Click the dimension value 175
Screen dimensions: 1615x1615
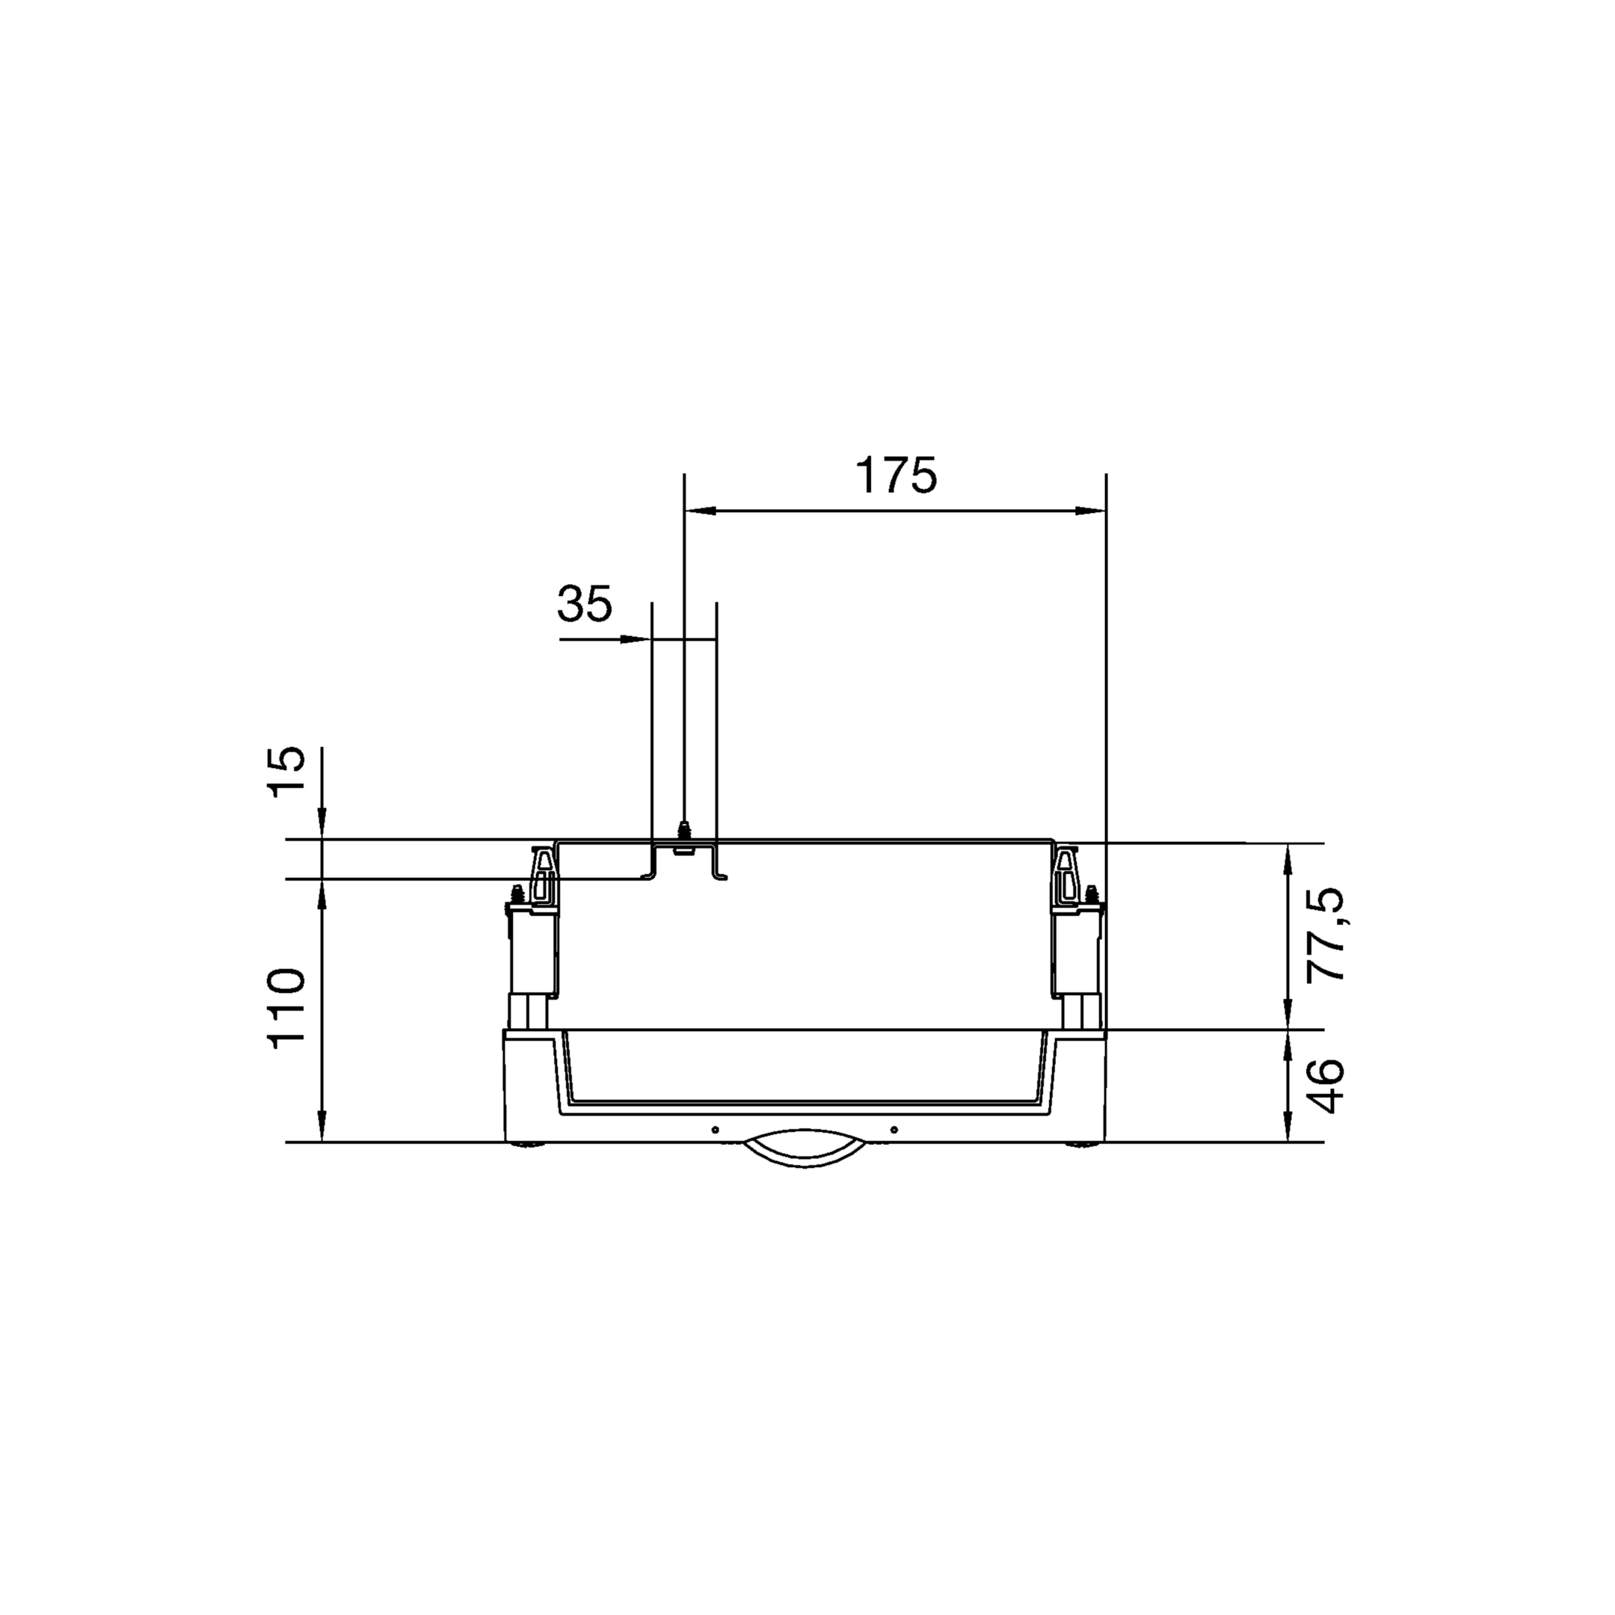(896, 476)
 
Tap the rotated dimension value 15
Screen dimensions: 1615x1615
(286, 771)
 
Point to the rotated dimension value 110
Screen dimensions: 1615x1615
(286, 1005)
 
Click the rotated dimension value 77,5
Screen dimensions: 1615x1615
(1326, 934)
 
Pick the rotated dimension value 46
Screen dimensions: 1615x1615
(1326, 1086)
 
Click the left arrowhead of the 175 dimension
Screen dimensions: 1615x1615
(701, 511)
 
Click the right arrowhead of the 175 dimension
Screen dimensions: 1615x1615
(1090, 511)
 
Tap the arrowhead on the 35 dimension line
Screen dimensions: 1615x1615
(636, 640)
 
